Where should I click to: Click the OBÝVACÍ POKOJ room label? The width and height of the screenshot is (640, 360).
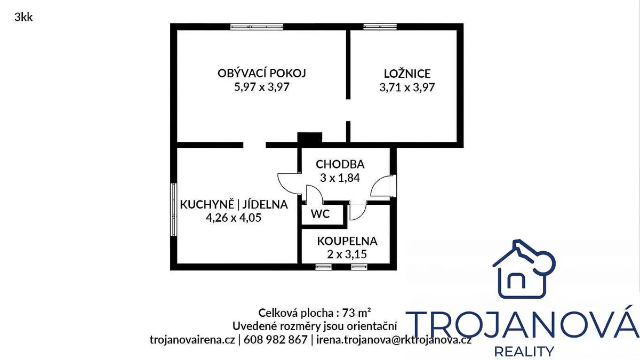(x=262, y=73)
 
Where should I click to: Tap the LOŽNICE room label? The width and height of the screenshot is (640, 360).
(x=407, y=74)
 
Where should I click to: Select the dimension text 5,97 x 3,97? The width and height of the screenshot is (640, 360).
(x=262, y=87)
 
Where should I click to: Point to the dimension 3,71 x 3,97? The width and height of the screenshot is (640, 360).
(x=407, y=87)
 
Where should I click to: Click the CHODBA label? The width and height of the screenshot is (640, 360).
(x=340, y=164)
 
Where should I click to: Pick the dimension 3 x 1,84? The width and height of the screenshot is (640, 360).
(x=340, y=178)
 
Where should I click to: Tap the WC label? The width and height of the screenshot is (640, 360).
(x=321, y=214)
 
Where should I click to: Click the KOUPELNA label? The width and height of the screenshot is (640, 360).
(x=347, y=241)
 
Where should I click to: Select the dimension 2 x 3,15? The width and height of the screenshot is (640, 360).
(x=347, y=254)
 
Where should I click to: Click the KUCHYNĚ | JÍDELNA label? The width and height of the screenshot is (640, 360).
(x=234, y=204)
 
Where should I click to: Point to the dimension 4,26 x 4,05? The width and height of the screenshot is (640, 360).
(x=234, y=218)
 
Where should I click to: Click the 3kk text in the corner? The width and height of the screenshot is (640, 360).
(x=23, y=18)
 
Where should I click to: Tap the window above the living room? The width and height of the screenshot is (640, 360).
(x=257, y=27)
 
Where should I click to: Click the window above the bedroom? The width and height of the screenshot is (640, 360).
(x=380, y=27)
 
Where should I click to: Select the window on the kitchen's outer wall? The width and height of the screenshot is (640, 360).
(x=173, y=210)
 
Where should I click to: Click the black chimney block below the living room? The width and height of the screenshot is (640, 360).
(x=310, y=138)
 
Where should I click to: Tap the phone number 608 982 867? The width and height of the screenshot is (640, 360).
(x=275, y=340)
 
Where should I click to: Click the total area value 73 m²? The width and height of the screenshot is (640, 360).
(x=356, y=313)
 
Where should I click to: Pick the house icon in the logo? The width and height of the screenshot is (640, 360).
(x=524, y=269)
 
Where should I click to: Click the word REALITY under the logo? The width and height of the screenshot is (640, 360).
(x=524, y=351)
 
